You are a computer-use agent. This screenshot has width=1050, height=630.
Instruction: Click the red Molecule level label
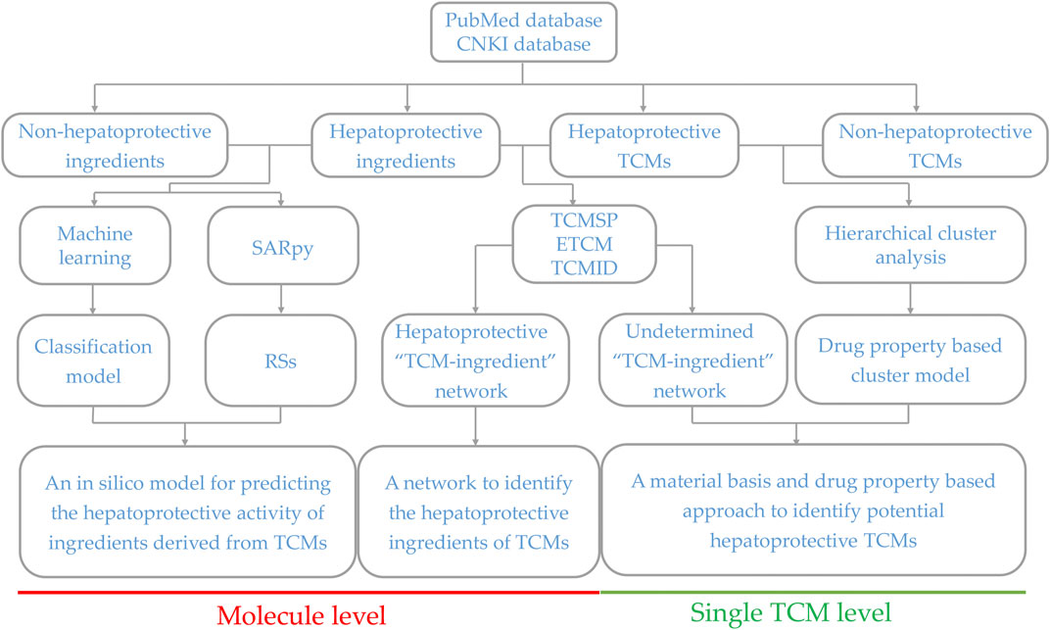coord(302,615)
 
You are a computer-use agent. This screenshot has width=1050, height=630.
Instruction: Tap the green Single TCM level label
coord(790,612)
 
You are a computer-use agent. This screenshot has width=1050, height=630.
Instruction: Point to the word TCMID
coord(584,267)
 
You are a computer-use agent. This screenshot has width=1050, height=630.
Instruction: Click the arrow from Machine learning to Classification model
coord(93,299)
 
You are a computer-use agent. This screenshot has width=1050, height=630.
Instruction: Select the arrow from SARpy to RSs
coord(281,299)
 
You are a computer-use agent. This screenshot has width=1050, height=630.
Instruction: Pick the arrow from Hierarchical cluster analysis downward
coord(910,299)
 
